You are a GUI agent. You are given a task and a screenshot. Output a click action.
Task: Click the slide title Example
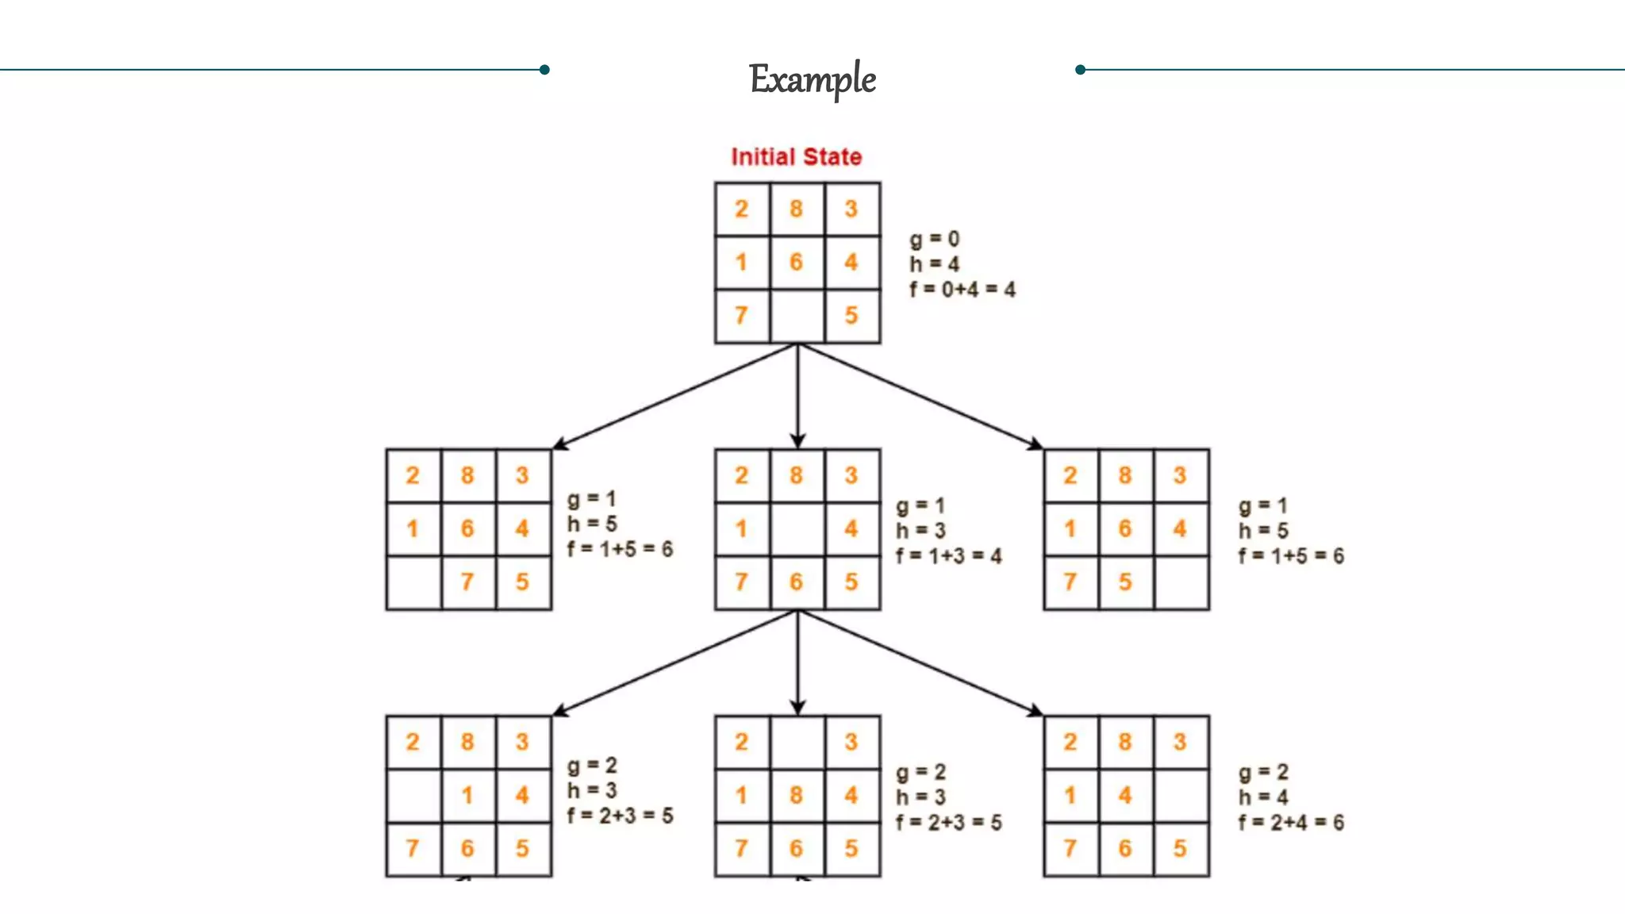[x=812, y=79]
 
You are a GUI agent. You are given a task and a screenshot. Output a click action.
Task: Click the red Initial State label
[x=796, y=157]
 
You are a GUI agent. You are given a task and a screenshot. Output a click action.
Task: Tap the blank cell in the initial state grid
[x=797, y=316]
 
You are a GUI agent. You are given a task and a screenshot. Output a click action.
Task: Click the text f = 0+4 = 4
[x=962, y=290]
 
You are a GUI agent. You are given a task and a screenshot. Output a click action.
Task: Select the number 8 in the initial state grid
[x=796, y=209]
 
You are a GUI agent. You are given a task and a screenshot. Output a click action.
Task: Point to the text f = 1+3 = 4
[x=948, y=555]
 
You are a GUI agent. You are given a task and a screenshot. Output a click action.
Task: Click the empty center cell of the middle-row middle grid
[x=797, y=528]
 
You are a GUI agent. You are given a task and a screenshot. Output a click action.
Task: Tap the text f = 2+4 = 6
[x=1291, y=823]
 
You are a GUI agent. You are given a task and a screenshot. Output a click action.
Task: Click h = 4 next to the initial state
[x=934, y=264]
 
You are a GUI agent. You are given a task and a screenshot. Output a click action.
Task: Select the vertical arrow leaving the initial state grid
[x=797, y=397]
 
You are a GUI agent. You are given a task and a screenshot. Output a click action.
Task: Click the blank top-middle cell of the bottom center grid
[x=797, y=742]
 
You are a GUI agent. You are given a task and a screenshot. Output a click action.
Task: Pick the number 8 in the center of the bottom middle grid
[x=796, y=795]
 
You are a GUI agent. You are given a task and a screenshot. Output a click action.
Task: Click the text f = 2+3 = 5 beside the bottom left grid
[x=620, y=816]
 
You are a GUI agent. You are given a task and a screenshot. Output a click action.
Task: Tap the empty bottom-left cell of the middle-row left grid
[x=413, y=582]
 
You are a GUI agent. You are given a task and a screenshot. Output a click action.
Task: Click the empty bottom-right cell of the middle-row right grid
[x=1181, y=582]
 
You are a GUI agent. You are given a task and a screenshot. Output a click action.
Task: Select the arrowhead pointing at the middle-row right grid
[x=1036, y=444]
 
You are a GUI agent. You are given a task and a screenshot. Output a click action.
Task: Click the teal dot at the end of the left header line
[x=544, y=70]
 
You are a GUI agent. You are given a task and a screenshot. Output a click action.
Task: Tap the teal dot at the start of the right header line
[x=1080, y=70]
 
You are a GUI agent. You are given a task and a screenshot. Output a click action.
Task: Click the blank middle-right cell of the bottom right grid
[x=1181, y=795]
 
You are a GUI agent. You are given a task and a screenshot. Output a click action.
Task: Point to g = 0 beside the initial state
[x=934, y=239]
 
